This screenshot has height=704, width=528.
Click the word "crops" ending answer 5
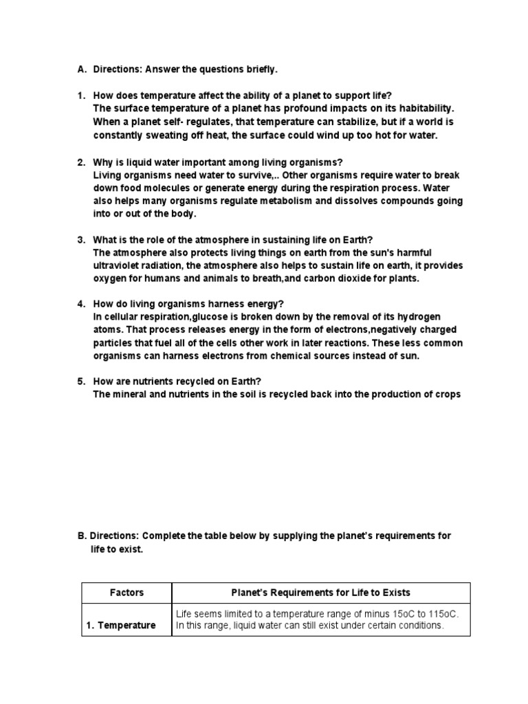445,395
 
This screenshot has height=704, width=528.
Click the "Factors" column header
126,593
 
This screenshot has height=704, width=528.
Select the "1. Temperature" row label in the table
121,626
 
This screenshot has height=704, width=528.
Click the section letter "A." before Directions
82,69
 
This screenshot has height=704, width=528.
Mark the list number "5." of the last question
80,382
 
